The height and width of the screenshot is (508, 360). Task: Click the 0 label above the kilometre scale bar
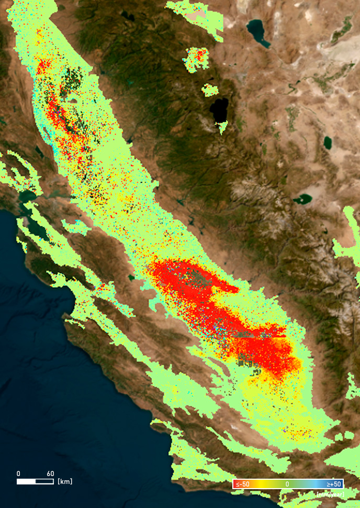18,473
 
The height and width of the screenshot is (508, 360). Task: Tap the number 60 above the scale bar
50,473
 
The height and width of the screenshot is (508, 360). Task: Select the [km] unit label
65,481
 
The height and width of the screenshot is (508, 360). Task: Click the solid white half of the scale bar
26,481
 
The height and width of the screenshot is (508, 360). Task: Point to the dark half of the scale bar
44,481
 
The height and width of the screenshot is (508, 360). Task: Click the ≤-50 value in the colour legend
241,484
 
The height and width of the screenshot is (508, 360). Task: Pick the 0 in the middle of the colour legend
287,484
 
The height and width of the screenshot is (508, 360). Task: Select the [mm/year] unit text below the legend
329,494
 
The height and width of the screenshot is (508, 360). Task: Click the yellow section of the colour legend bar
267,484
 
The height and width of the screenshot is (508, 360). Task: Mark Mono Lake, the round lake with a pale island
303,199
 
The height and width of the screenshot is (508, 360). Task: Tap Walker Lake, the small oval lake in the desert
328,142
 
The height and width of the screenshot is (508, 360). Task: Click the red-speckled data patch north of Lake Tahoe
197,59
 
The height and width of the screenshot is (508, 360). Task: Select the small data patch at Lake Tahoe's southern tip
223,126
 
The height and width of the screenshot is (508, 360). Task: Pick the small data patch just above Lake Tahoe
210,90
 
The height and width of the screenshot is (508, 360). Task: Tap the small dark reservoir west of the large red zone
131,278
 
